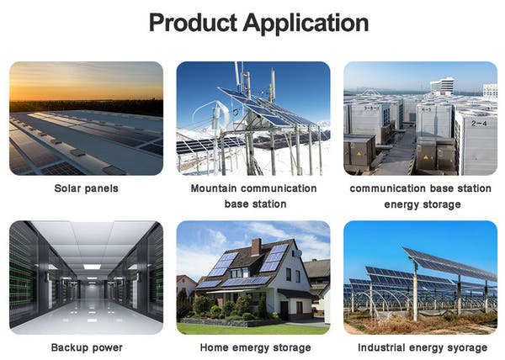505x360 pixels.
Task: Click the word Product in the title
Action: coord(193,23)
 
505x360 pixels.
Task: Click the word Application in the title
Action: coord(305,23)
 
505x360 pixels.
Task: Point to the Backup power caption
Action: coord(86,347)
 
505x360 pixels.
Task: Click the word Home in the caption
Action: coord(213,347)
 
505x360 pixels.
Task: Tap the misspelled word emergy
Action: coord(251,347)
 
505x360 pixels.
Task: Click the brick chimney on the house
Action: coord(256,246)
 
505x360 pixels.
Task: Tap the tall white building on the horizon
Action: coord(441,85)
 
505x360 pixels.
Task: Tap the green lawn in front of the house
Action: coord(252,328)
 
